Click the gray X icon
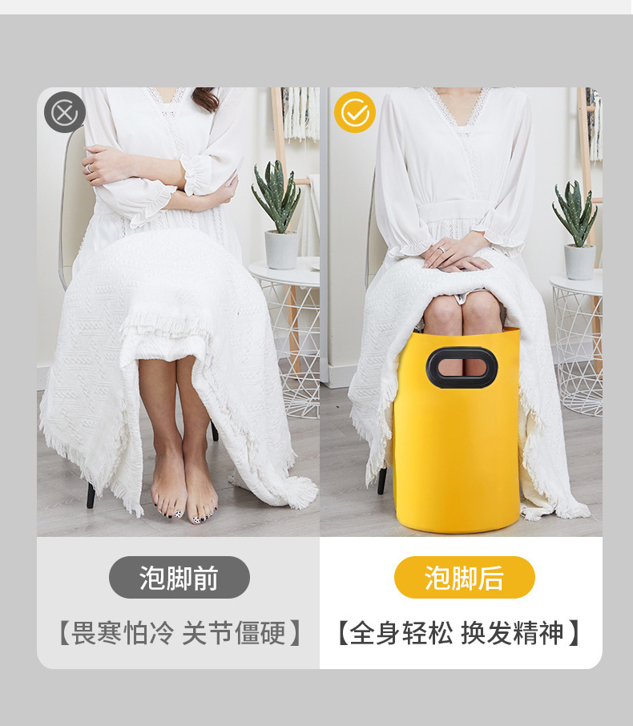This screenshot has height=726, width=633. click(x=64, y=113)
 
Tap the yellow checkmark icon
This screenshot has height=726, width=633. click(x=354, y=112)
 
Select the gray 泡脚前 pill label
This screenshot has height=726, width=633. click(x=179, y=577)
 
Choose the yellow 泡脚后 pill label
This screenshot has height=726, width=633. click(x=464, y=577)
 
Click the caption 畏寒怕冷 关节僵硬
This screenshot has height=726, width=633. click(x=179, y=634)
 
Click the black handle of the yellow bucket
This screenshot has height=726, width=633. click(x=462, y=367)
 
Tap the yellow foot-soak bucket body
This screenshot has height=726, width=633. click(x=457, y=457)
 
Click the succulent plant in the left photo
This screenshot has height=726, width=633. click(x=277, y=196)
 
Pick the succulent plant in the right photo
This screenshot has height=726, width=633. click(x=575, y=212)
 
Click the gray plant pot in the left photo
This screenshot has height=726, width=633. click(x=281, y=249)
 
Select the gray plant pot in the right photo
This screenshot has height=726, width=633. click(x=579, y=261)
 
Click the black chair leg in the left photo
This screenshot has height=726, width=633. click(x=91, y=495)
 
